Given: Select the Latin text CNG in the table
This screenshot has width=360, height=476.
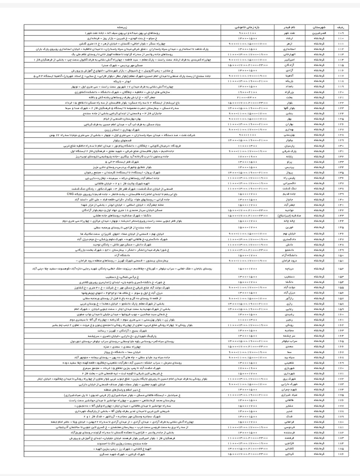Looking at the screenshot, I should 70,194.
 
